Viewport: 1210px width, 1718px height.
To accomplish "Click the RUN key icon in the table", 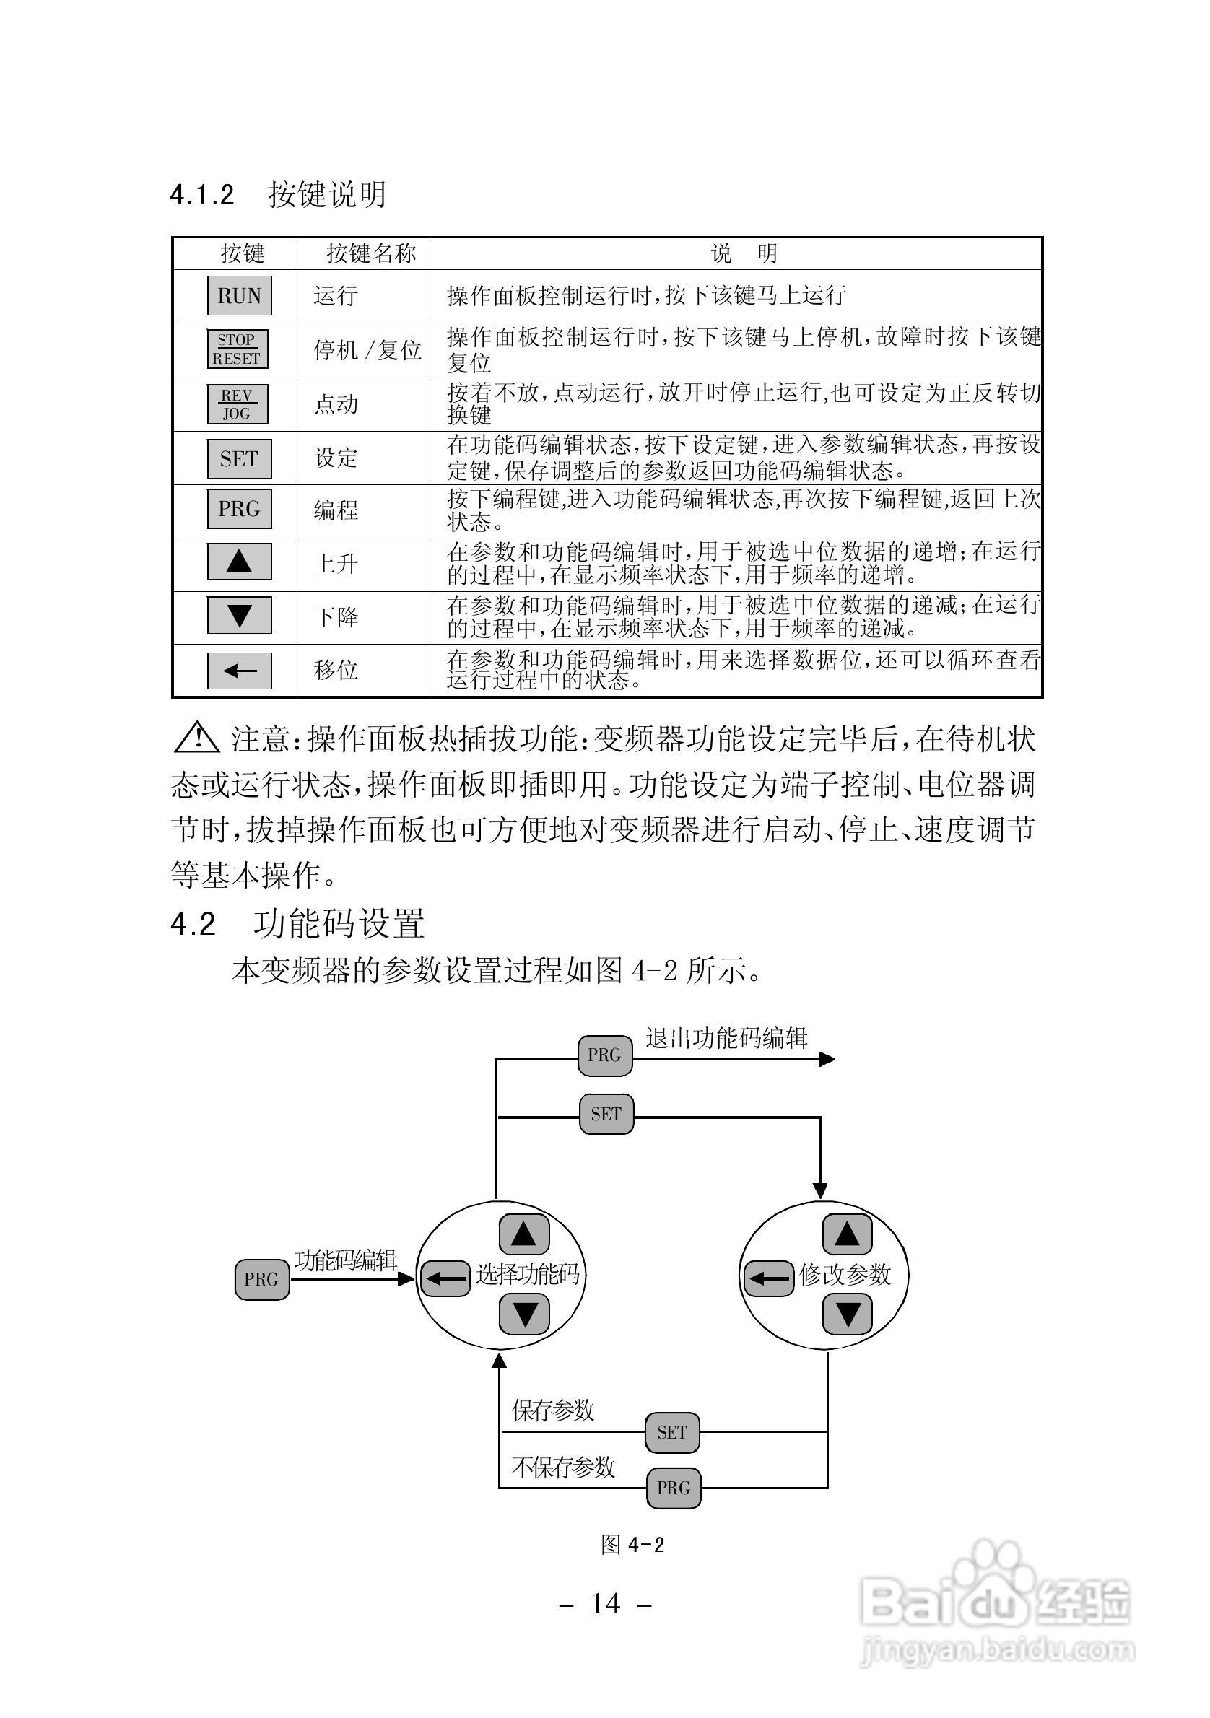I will tap(240, 295).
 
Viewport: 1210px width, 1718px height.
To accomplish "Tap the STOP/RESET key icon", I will tap(238, 349).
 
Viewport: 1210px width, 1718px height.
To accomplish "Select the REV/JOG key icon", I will tap(238, 404).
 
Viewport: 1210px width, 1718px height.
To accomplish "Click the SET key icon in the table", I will tap(240, 458).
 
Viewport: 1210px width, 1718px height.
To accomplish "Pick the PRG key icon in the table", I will tap(240, 509).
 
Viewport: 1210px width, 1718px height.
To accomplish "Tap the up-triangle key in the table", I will tap(240, 561).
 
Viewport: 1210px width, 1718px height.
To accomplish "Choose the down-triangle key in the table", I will tap(240, 615).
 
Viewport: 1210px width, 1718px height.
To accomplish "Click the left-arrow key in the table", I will tap(240, 671).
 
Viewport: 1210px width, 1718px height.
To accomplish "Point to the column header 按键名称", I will tap(371, 253).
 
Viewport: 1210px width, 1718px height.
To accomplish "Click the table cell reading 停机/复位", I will tap(367, 350).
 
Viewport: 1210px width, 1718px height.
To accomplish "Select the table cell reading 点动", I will tap(336, 405).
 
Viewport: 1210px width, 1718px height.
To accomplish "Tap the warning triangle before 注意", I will tap(196, 738).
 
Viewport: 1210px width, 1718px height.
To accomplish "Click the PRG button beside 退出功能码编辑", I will tap(604, 1056).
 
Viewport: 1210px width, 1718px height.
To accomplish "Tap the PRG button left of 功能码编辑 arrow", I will tap(261, 1280).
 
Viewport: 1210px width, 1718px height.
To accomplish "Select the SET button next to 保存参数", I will tap(672, 1432).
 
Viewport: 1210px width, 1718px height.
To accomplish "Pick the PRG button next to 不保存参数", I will tap(674, 1488).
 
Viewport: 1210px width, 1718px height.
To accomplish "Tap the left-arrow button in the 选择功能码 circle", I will tap(446, 1279).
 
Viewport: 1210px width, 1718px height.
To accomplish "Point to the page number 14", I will tap(606, 1603).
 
